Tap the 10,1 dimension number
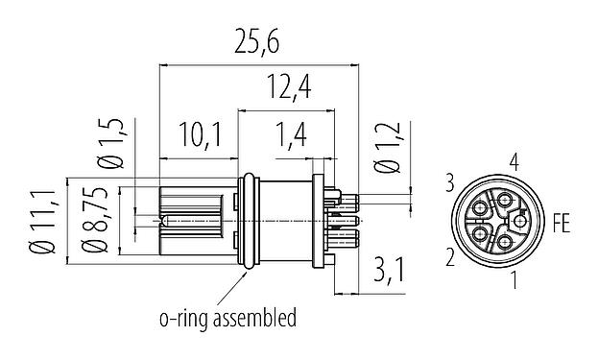click(x=200, y=135)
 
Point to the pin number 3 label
click(x=448, y=180)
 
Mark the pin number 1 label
click(x=516, y=280)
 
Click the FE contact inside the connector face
click(x=519, y=222)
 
